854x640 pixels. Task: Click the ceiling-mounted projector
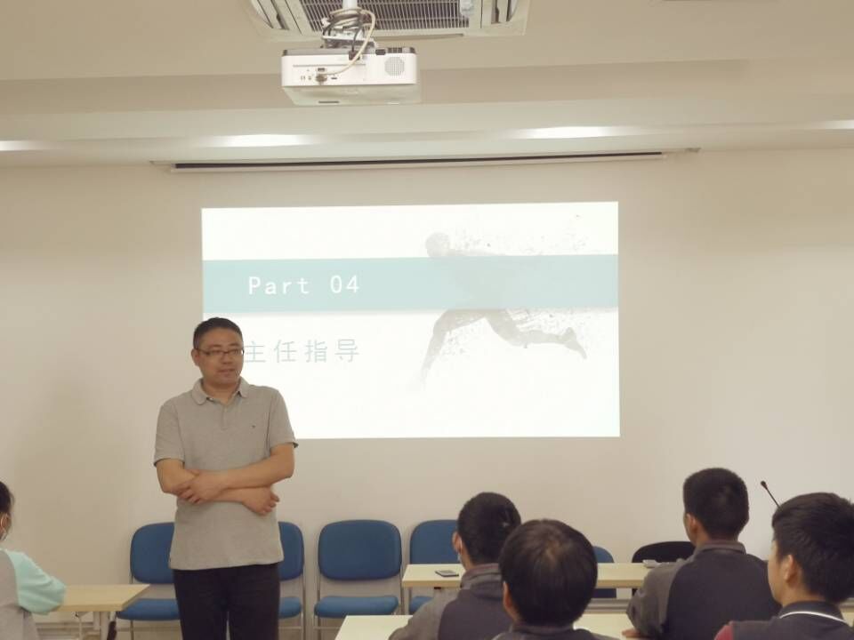pyautogui.click(x=350, y=75)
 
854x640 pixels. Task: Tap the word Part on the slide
pyautogui.click(x=279, y=285)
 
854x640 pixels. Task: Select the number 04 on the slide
pyautogui.click(x=344, y=285)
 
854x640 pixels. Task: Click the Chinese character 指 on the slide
pyautogui.click(x=315, y=352)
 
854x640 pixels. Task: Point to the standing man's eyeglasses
pyautogui.click(x=220, y=353)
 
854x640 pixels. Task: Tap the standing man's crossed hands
pyautogui.click(x=229, y=492)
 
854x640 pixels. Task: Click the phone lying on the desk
pyautogui.click(x=447, y=573)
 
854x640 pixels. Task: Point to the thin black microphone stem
pyautogui.click(x=769, y=493)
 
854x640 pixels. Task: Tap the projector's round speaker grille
pyautogui.click(x=394, y=66)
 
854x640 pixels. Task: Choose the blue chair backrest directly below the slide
pyautogui.click(x=359, y=550)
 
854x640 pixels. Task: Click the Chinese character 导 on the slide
pyautogui.click(x=347, y=352)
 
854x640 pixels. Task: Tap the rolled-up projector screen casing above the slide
pyautogui.click(x=416, y=162)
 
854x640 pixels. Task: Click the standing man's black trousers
pyautogui.click(x=227, y=602)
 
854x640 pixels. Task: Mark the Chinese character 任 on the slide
pyautogui.click(x=285, y=352)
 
